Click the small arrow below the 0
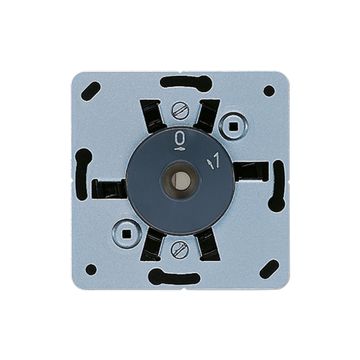tap(179, 149)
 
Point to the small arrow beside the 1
tap(210, 164)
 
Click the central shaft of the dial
tap(180, 179)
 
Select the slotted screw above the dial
tap(180, 111)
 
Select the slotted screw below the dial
tap(180, 249)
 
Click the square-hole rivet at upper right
tap(233, 126)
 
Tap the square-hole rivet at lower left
tap(126, 233)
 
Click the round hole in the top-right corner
tap(269, 91)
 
